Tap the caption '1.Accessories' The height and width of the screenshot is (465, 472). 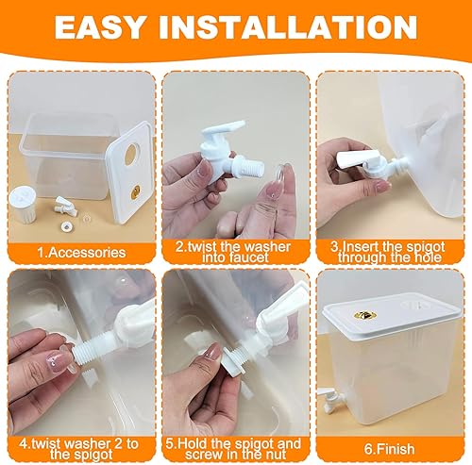click(x=80, y=252)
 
